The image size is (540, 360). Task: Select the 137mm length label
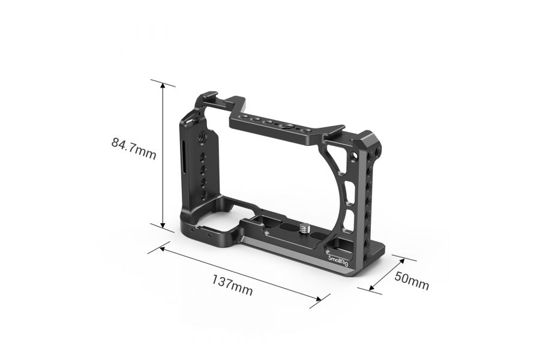tap(231, 284)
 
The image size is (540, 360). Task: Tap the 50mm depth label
tap(412, 280)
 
